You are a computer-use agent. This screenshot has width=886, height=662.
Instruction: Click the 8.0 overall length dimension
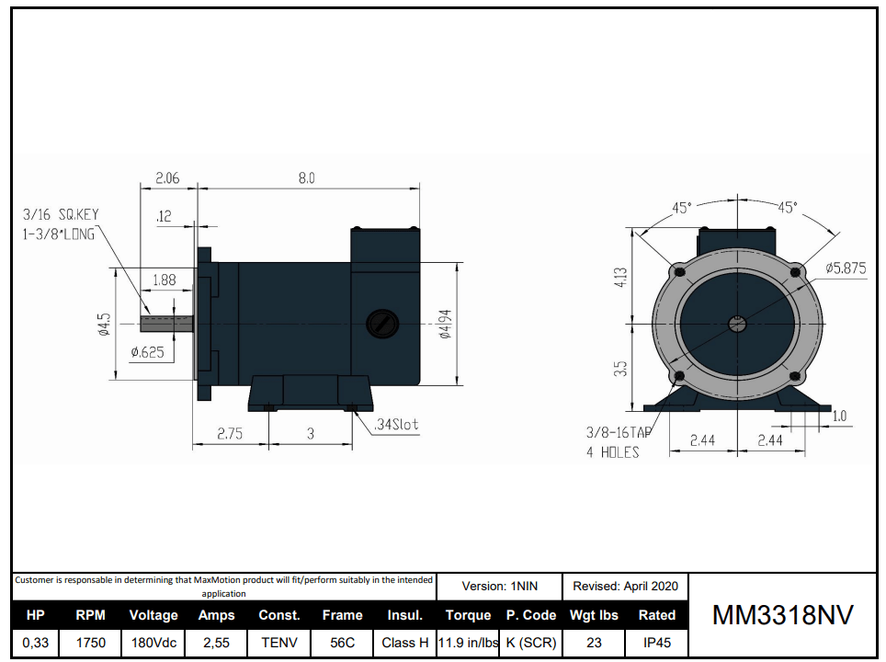[x=306, y=178]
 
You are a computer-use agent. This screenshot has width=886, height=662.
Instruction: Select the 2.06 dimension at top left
[x=167, y=178]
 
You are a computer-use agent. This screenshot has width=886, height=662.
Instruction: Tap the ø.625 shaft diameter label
[x=147, y=351]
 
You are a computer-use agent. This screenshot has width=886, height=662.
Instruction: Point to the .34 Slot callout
[x=396, y=424]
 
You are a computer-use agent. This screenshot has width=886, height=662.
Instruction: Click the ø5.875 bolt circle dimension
[x=845, y=268]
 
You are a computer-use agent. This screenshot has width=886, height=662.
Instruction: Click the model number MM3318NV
[x=782, y=616]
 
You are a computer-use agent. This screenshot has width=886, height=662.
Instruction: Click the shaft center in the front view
[x=736, y=324]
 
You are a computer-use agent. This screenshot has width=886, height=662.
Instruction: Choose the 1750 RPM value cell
[x=90, y=643]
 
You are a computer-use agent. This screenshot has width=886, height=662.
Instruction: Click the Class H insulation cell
[x=404, y=643]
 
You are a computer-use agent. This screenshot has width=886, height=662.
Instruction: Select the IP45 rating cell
[x=656, y=643]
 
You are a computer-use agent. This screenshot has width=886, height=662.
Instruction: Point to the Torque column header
[x=468, y=615]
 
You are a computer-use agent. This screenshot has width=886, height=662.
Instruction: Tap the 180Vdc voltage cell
[x=153, y=643]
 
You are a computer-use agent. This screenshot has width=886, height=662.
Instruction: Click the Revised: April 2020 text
[x=625, y=586]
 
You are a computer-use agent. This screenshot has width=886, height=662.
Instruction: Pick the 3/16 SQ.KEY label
[x=60, y=214]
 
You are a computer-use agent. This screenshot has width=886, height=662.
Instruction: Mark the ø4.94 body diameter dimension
[x=445, y=324]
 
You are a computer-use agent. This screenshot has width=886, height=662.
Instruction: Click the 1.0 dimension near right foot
[x=839, y=417]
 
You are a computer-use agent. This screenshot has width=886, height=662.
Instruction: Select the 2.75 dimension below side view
[x=230, y=434]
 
